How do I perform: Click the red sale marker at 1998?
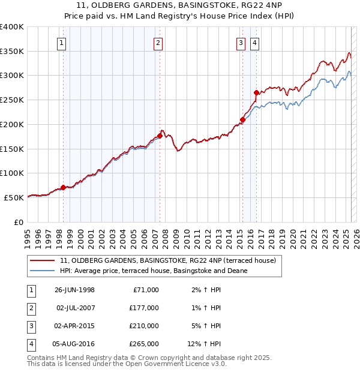(63, 187)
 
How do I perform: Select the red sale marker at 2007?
(160, 135)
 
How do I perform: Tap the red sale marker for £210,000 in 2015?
(242, 119)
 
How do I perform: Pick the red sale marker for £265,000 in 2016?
(256, 92)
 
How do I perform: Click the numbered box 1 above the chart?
(62, 43)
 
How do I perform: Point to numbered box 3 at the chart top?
(240, 43)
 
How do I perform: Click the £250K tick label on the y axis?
(11, 100)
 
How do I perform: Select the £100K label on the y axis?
(11, 173)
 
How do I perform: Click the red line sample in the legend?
(42, 261)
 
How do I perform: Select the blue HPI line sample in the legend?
(42, 271)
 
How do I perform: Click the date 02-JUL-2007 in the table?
(75, 308)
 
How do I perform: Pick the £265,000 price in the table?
(144, 344)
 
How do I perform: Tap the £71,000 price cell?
(146, 290)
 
